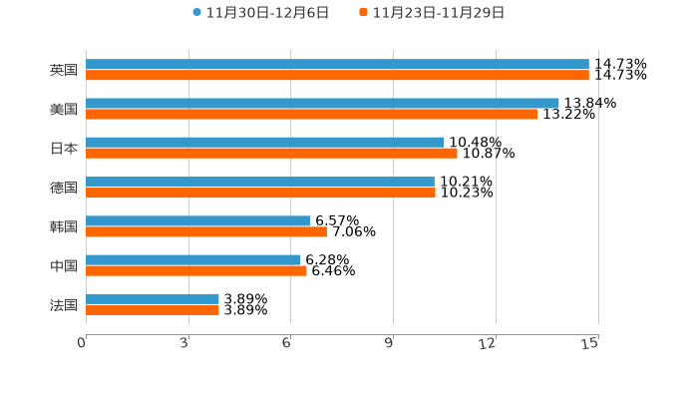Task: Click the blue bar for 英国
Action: [x=337, y=64]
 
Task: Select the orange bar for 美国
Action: [x=311, y=114]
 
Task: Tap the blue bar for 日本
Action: [x=265, y=143]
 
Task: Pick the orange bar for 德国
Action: [x=260, y=193]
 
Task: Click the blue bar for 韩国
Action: [x=198, y=220]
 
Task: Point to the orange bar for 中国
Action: [x=196, y=270]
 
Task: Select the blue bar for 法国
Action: [x=153, y=299]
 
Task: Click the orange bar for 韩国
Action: [x=206, y=231]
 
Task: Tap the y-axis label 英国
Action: [x=63, y=70]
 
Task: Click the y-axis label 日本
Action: [x=63, y=148]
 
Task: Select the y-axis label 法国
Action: [x=63, y=304]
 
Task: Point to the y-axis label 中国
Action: [x=63, y=265]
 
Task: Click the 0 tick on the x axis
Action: [x=82, y=343]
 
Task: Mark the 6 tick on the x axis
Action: [x=286, y=343]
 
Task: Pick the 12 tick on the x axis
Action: [x=488, y=343]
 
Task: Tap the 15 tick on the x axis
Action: [x=590, y=343]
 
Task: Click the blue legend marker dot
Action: [x=197, y=13]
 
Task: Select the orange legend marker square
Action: [x=364, y=13]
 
